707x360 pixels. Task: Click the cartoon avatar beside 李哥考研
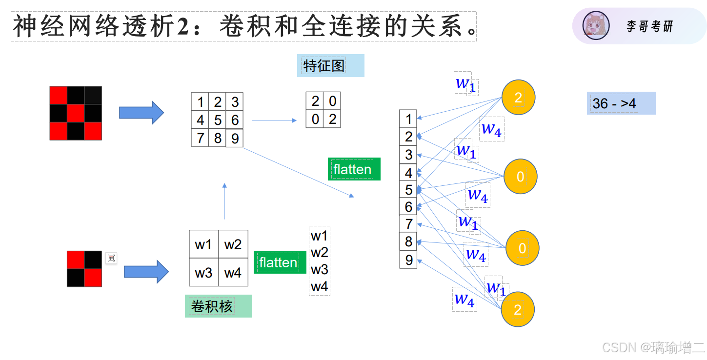click(596, 26)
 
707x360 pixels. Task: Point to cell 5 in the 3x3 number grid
click(218, 120)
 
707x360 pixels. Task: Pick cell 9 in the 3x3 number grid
click(235, 139)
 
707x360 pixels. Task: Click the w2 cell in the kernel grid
click(233, 244)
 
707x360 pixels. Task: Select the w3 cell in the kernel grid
click(203, 273)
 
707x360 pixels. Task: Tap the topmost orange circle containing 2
click(518, 97)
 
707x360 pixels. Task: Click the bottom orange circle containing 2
click(518, 309)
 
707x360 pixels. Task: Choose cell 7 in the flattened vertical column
click(408, 224)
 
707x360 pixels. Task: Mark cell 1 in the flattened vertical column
click(408, 119)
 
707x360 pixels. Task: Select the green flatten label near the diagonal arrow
click(353, 169)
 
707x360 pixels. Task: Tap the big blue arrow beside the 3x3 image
click(141, 113)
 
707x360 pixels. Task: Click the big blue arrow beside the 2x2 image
click(146, 272)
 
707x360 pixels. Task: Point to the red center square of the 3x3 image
click(76, 113)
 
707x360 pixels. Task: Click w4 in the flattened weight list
click(320, 287)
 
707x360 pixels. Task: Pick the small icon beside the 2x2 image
click(111, 258)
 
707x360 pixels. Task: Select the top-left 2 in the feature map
click(315, 101)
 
